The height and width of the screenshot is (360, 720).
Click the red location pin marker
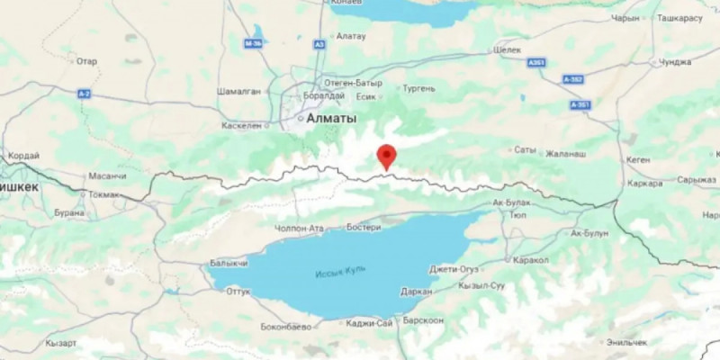(x=386, y=156)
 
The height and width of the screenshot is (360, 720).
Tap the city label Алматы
(x=331, y=118)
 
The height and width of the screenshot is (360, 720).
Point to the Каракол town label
(x=530, y=259)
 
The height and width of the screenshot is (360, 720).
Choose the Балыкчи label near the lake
(x=228, y=264)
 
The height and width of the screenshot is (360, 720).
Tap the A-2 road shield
(x=85, y=94)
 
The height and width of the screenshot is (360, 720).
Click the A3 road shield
(x=319, y=43)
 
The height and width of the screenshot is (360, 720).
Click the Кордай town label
(x=24, y=156)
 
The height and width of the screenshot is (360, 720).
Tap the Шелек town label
(x=508, y=50)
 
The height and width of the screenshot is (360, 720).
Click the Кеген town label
(x=638, y=159)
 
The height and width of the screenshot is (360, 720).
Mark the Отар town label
(x=86, y=61)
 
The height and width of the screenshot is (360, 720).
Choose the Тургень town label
(x=420, y=88)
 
